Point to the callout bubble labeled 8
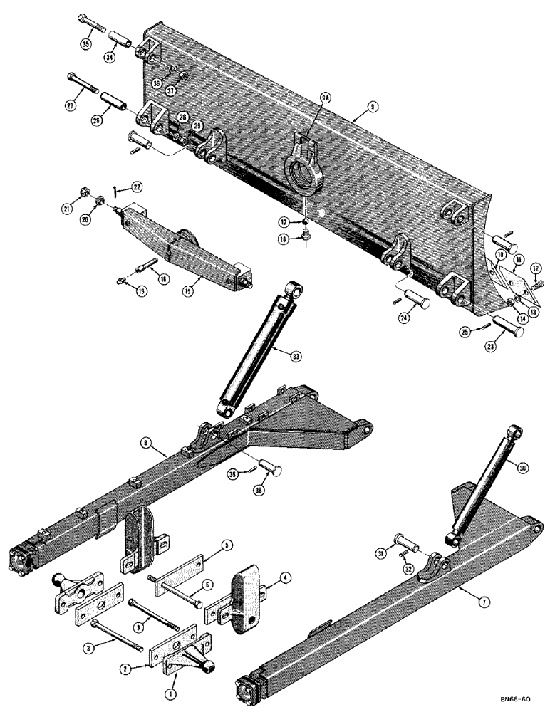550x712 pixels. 146,444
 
